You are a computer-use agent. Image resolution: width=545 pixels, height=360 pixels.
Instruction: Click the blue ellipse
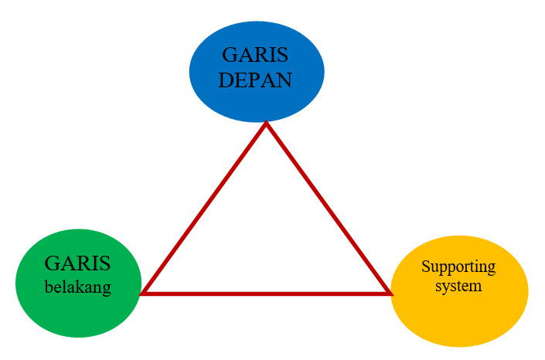click(257, 97)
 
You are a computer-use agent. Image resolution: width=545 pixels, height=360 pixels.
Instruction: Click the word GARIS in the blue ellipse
click(255, 56)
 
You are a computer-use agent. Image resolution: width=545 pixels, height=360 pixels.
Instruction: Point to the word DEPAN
click(255, 80)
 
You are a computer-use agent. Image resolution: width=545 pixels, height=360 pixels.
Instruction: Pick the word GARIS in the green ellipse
click(77, 263)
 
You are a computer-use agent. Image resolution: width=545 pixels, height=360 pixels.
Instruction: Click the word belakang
click(77, 287)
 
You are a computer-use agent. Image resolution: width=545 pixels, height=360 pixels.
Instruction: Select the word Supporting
click(458, 267)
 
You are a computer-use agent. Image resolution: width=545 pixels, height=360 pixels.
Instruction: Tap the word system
click(458, 285)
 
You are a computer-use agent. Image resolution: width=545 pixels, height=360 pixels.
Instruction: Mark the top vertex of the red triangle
click(266, 124)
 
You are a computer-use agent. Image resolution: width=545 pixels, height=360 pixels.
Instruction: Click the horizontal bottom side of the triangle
click(266, 293)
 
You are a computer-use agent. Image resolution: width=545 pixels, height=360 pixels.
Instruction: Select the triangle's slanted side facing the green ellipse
click(205, 209)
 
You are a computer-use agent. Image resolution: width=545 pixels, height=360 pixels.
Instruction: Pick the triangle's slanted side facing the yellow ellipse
click(328, 209)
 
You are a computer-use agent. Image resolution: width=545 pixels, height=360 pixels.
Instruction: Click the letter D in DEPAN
click(225, 80)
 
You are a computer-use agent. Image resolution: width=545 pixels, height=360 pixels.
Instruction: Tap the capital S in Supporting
click(425, 267)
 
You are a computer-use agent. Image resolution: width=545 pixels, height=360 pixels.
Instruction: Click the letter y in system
click(445, 287)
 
